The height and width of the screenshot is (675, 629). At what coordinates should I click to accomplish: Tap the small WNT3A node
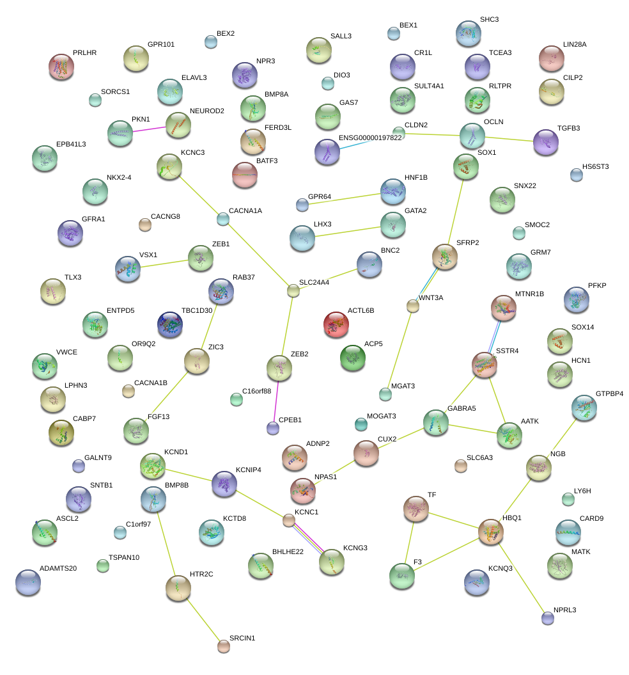[413, 306]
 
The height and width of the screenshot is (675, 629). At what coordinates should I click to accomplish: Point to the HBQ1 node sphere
[491, 531]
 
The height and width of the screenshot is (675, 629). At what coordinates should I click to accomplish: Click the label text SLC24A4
[314, 282]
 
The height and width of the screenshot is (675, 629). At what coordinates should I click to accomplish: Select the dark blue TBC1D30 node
[170, 324]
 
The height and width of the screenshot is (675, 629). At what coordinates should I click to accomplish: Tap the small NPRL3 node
[547, 617]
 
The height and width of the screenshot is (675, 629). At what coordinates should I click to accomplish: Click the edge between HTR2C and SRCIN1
[201, 617]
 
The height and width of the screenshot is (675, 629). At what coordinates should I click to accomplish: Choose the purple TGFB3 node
[545, 142]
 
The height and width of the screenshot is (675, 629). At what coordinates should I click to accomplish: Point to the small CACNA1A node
[222, 219]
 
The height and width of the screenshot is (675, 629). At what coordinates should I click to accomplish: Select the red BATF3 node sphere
[245, 175]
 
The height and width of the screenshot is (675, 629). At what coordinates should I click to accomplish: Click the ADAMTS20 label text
[58, 568]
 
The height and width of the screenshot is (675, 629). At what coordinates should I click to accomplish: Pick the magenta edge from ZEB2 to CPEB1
[276, 397]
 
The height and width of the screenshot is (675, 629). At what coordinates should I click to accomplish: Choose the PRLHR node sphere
[61, 67]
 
